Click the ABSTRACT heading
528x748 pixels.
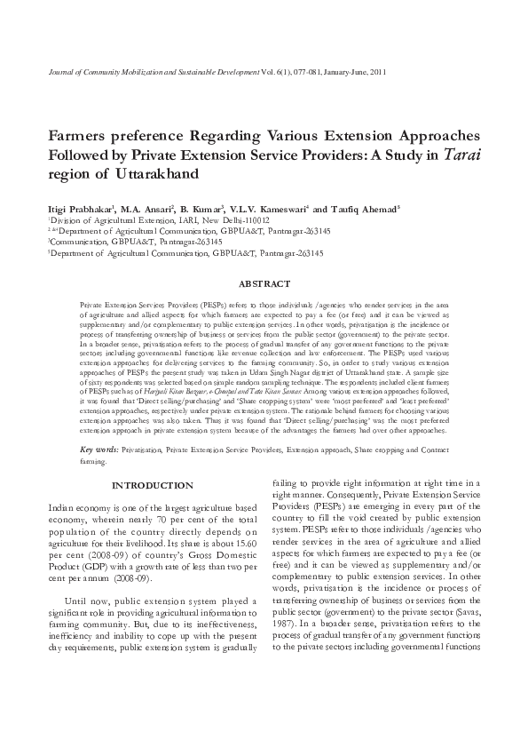264,283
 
